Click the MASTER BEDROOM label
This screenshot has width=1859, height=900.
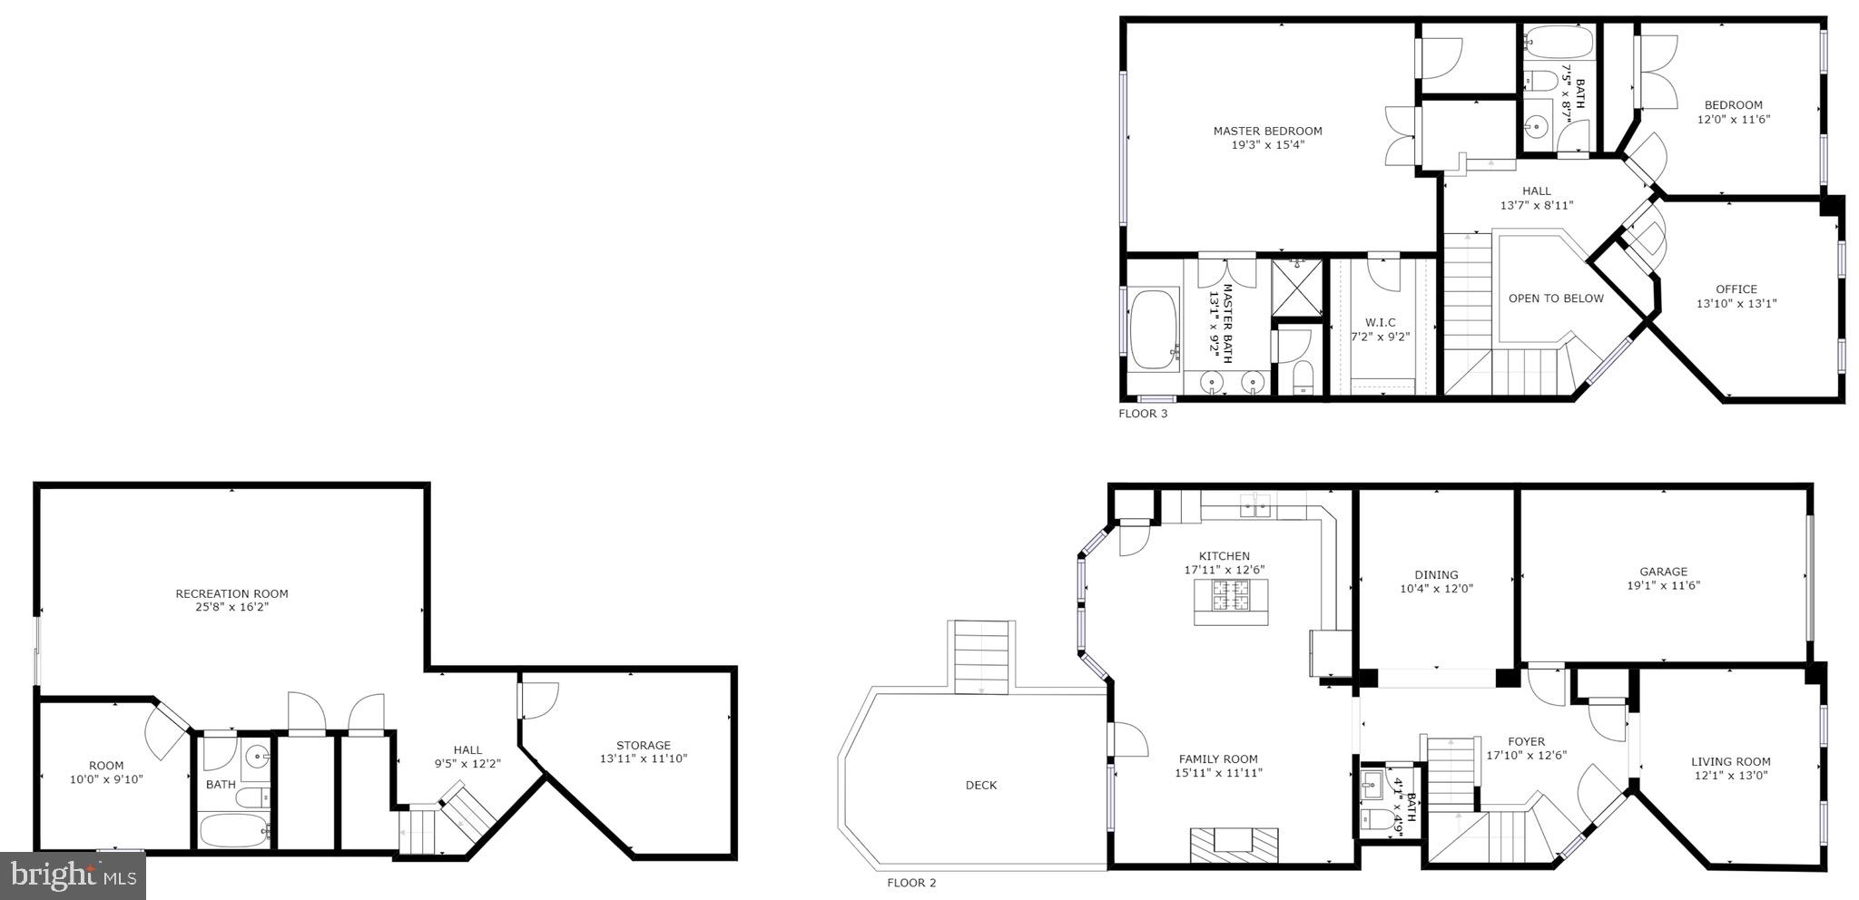pos(1267,132)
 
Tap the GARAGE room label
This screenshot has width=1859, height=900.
pos(1663,572)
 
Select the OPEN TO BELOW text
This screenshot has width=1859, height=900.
pos(1556,298)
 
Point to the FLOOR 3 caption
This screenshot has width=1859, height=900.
pos(1143,414)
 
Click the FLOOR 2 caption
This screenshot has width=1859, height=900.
pos(911,883)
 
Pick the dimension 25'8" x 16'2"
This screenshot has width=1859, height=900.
pos(231,608)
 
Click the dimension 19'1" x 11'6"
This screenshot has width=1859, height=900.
pos(1663,586)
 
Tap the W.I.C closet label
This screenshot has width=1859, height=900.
pos(1380,323)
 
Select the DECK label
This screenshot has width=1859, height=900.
pos(981,786)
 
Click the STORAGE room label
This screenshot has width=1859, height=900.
pos(644,746)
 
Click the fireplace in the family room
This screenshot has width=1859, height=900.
pos(1234,843)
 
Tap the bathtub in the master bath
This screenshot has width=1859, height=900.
pos(1153,328)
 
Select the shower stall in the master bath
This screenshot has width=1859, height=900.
pos(1297,288)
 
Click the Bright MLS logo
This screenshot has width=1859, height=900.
pos(73,876)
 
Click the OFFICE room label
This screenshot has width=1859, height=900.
pos(1736,289)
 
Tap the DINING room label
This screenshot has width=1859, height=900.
pos(1436,575)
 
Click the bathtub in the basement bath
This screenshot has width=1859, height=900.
pos(234,830)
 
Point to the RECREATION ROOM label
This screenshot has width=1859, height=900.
pos(231,594)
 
